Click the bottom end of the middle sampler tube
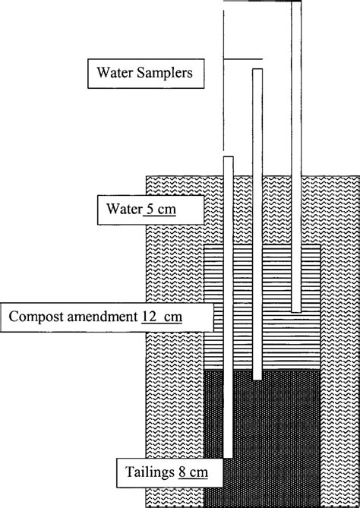click(x=258, y=377)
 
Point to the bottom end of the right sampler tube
click(x=296, y=311)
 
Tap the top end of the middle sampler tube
click(x=258, y=71)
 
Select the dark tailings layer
click(x=281, y=433)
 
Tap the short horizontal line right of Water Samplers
click(x=243, y=59)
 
